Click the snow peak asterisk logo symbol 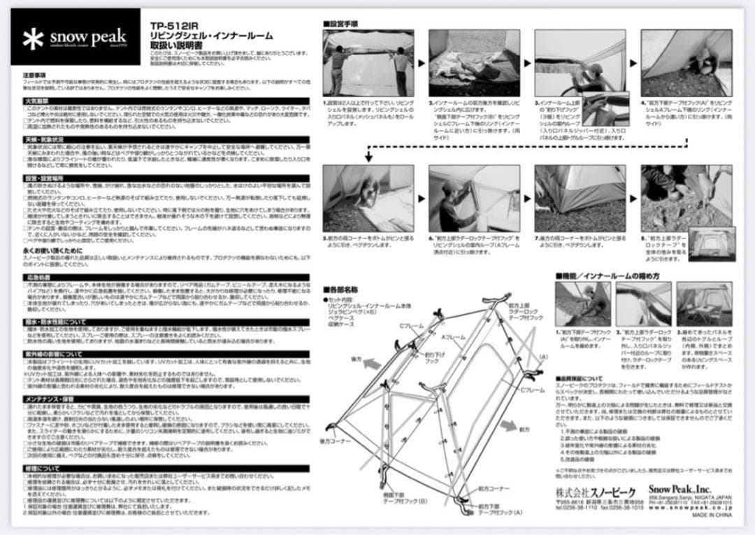[33, 40]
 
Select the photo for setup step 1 [369, 63]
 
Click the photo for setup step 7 [580, 198]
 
